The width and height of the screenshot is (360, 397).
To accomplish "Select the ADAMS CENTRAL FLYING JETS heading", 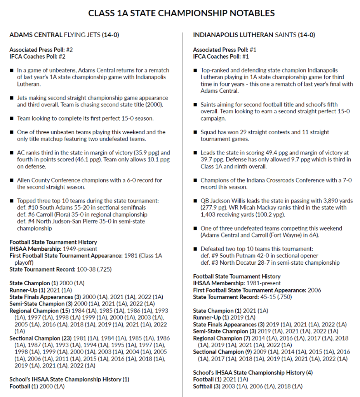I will (64, 35).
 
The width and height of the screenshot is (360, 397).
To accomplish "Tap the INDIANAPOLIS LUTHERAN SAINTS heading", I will (254, 35).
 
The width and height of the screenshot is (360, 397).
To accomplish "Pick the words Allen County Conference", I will (47, 180).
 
